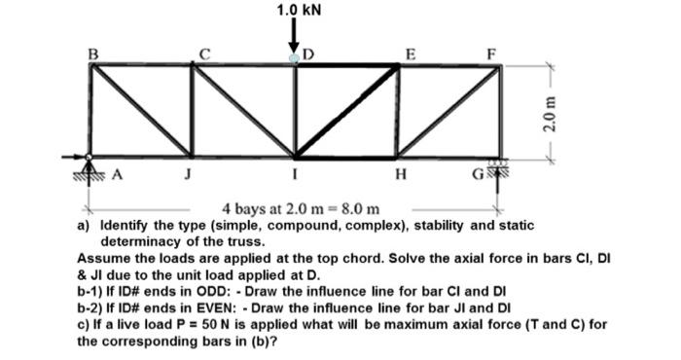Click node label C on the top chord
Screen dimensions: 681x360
(202, 54)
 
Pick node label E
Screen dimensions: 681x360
(411, 54)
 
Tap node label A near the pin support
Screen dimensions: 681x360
(118, 176)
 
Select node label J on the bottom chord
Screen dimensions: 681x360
(190, 177)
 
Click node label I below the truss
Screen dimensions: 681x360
(296, 178)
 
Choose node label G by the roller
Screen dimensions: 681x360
(480, 177)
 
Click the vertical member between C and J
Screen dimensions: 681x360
(193, 110)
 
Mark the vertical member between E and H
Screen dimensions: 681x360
(397, 110)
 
